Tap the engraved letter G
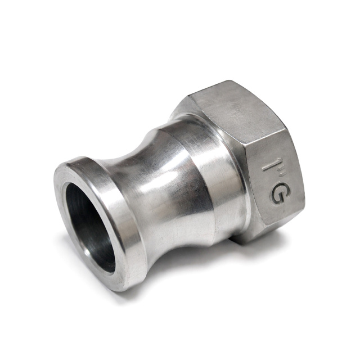pyautogui.click(x=278, y=196)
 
